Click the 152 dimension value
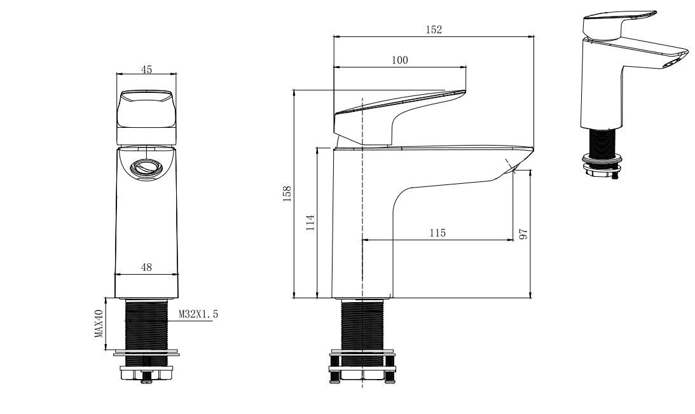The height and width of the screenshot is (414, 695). pyautogui.click(x=434, y=30)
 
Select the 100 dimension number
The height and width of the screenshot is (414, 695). pyautogui.click(x=400, y=60)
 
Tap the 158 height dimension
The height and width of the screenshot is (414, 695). pyautogui.click(x=287, y=194)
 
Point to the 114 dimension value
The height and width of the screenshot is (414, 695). pyautogui.click(x=310, y=223)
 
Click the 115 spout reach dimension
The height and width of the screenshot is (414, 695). pyautogui.click(x=437, y=233)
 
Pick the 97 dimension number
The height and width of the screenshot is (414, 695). pyautogui.click(x=523, y=234)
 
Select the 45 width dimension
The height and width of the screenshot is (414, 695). pyautogui.click(x=146, y=69)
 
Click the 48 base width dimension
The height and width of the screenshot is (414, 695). pyautogui.click(x=146, y=267)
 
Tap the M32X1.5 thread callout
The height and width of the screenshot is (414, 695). pyautogui.click(x=198, y=314)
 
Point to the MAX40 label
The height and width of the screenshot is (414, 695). pyautogui.click(x=99, y=324)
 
